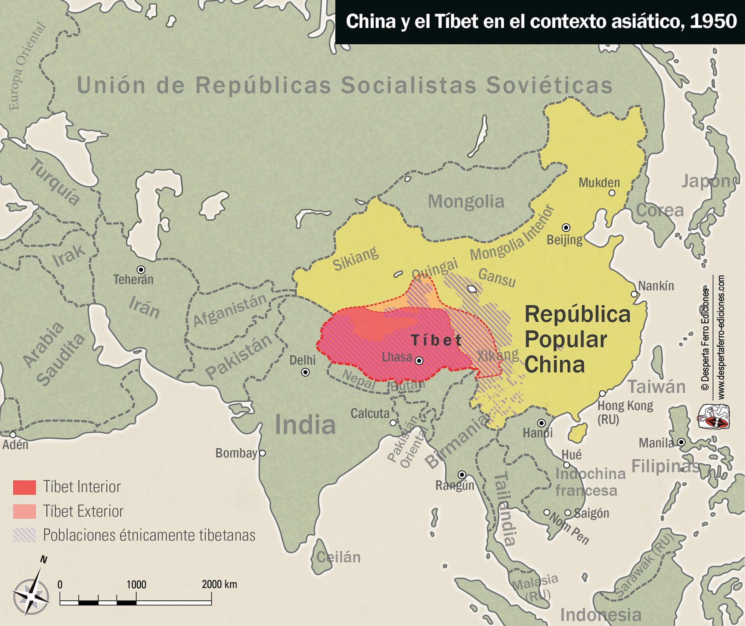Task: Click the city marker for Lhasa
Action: click(x=419, y=361)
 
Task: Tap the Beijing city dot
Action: click(x=566, y=227)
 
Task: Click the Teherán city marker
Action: click(x=141, y=269)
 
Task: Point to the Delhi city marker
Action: click(x=305, y=372)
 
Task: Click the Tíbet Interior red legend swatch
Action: click(x=24, y=487)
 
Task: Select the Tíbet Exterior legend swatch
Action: click(x=24, y=511)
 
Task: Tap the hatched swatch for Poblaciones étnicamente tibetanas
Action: click(x=24, y=535)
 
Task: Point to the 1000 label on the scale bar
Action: click(x=136, y=584)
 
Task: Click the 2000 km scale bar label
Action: click(x=219, y=584)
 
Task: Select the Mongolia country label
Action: click(x=466, y=201)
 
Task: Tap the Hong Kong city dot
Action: click(x=602, y=394)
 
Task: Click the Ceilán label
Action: click(x=338, y=557)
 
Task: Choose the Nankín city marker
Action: click(x=634, y=294)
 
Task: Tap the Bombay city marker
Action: click(x=262, y=453)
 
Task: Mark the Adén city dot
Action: click(x=13, y=435)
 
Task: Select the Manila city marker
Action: click(x=681, y=442)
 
